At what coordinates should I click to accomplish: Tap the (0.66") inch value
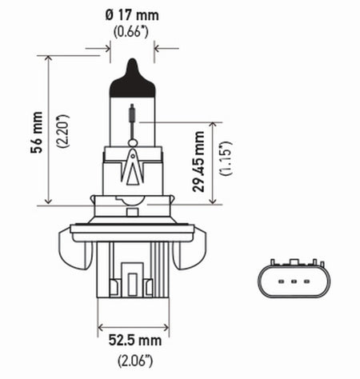coord(132,33)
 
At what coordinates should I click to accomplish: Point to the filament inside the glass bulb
coord(133,118)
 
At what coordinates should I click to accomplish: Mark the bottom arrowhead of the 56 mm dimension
coord(49,201)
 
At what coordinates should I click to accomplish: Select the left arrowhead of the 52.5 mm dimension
coord(101,325)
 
